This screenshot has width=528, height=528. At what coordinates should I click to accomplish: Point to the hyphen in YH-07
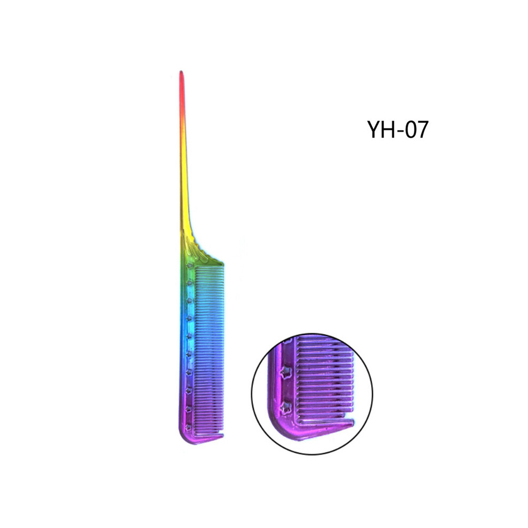(401, 131)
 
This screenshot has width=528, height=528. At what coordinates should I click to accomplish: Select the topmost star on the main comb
(189, 266)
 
